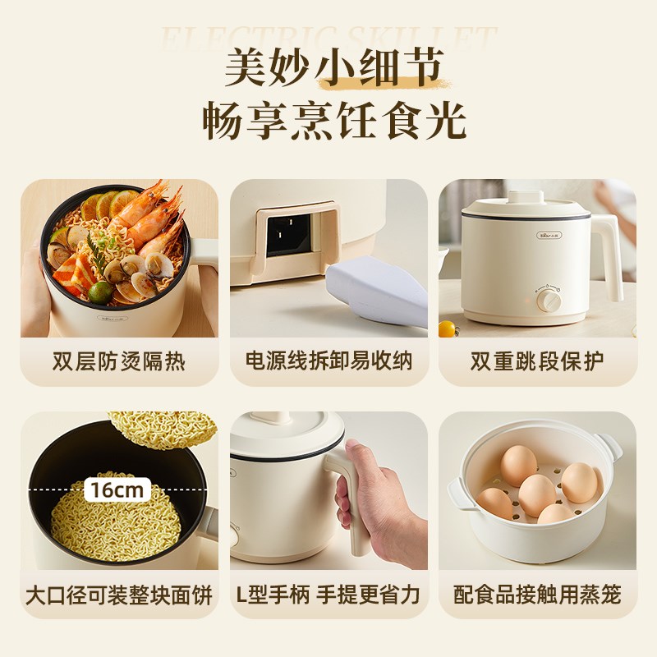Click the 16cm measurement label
pyautogui.click(x=117, y=490)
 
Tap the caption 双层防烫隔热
pyautogui.click(x=119, y=361)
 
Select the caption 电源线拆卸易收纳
pyautogui.click(x=328, y=361)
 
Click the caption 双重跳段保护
pyautogui.click(x=537, y=361)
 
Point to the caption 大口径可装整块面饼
pyautogui.click(x=119, y=594)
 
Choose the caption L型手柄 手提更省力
pyautogui.click(x=328, y=594)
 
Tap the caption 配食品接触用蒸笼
pyautogui.click(x=537, y=594)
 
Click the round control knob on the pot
pyautogui.click(x=549, y=300)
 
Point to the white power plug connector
pyautogui.click(x=378, y=287)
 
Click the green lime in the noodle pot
pyautogui.click(x=100, y=292)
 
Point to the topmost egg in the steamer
pyautogui.click(x=518, y=465)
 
